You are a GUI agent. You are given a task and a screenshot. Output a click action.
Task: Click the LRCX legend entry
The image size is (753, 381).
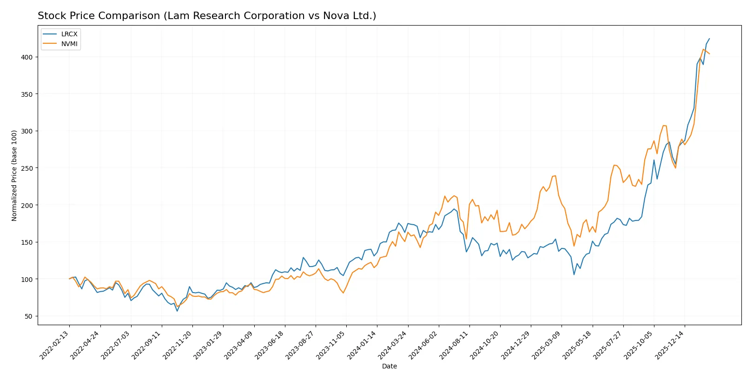(x=69, y=34)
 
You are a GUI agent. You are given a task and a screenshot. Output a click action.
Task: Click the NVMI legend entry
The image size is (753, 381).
(x=69, y=44)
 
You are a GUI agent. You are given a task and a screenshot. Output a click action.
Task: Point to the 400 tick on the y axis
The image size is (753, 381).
(x=26, y=57)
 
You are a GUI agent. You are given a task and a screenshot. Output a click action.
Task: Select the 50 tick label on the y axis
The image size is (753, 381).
(x=28, y=316)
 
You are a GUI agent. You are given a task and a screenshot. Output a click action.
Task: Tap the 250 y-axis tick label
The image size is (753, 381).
(x=26, y=168)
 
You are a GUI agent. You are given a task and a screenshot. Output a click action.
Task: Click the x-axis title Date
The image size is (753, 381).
(x=389, y=367)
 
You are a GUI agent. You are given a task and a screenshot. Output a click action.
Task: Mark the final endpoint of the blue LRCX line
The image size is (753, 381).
(x=709, y=39)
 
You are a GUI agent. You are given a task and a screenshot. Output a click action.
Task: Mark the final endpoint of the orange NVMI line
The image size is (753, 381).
(x=709, y=54)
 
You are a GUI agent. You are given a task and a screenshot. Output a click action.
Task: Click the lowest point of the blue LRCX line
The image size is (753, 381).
(x=177, y=311)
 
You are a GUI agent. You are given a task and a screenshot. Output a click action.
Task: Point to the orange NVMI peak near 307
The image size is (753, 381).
(x=664, y=126)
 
